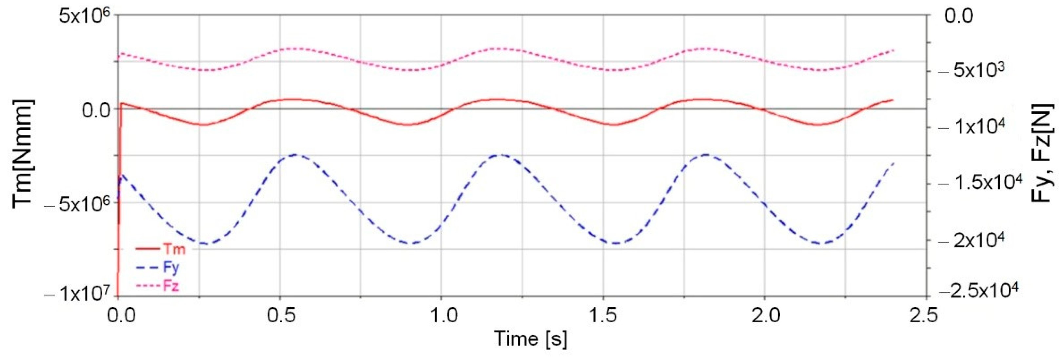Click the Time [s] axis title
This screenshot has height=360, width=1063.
pos(531,339)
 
